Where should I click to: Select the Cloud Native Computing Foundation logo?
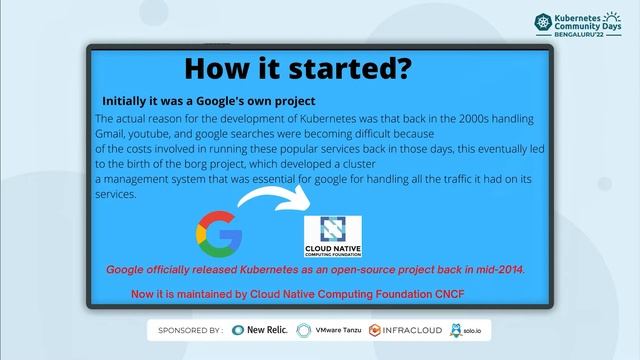click(x=333, y=237)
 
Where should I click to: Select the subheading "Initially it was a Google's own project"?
click(x=208, y=101)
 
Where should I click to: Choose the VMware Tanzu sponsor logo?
click(x=337, y=330)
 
